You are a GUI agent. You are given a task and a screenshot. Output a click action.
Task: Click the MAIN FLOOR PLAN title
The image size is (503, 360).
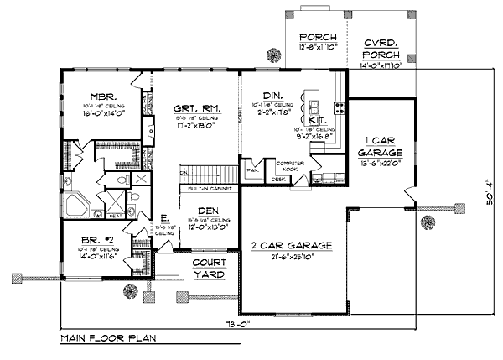point(106,339)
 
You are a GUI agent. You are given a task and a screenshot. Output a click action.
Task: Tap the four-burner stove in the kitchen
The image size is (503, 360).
point(340,107)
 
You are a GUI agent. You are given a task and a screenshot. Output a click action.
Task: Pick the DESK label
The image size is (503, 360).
point(277,179)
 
